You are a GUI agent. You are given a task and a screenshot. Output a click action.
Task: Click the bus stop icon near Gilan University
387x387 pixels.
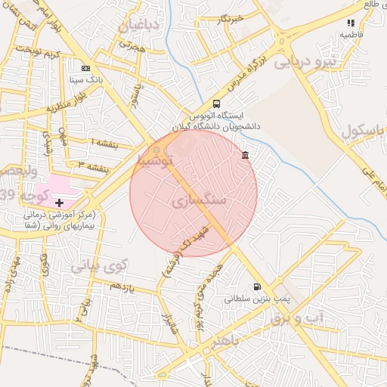(217, 104)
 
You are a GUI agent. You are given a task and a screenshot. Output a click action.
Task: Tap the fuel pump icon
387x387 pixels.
(259, 287)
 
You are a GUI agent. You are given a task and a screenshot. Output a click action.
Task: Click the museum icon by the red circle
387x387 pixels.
(245, 156)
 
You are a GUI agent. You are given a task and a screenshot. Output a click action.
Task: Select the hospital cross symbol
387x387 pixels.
(60, 203)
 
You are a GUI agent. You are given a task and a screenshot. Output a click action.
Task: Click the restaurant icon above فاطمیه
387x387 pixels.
(350, 24)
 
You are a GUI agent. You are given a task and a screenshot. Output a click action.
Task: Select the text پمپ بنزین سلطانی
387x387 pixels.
(252, 299)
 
